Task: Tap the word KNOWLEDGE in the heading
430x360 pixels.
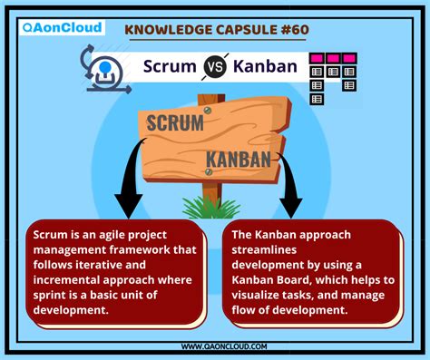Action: [x=168, y=31]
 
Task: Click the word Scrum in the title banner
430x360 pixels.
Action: [x=173, y=67]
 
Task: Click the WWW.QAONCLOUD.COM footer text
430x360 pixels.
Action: [x=215, y=345]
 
